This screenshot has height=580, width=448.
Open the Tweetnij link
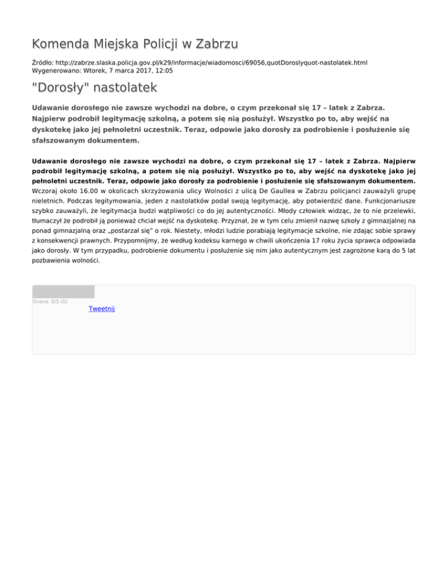coord(101,308)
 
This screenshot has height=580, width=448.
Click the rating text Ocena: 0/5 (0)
coord(50,302)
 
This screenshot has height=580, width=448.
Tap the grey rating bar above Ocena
coord(63,292)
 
